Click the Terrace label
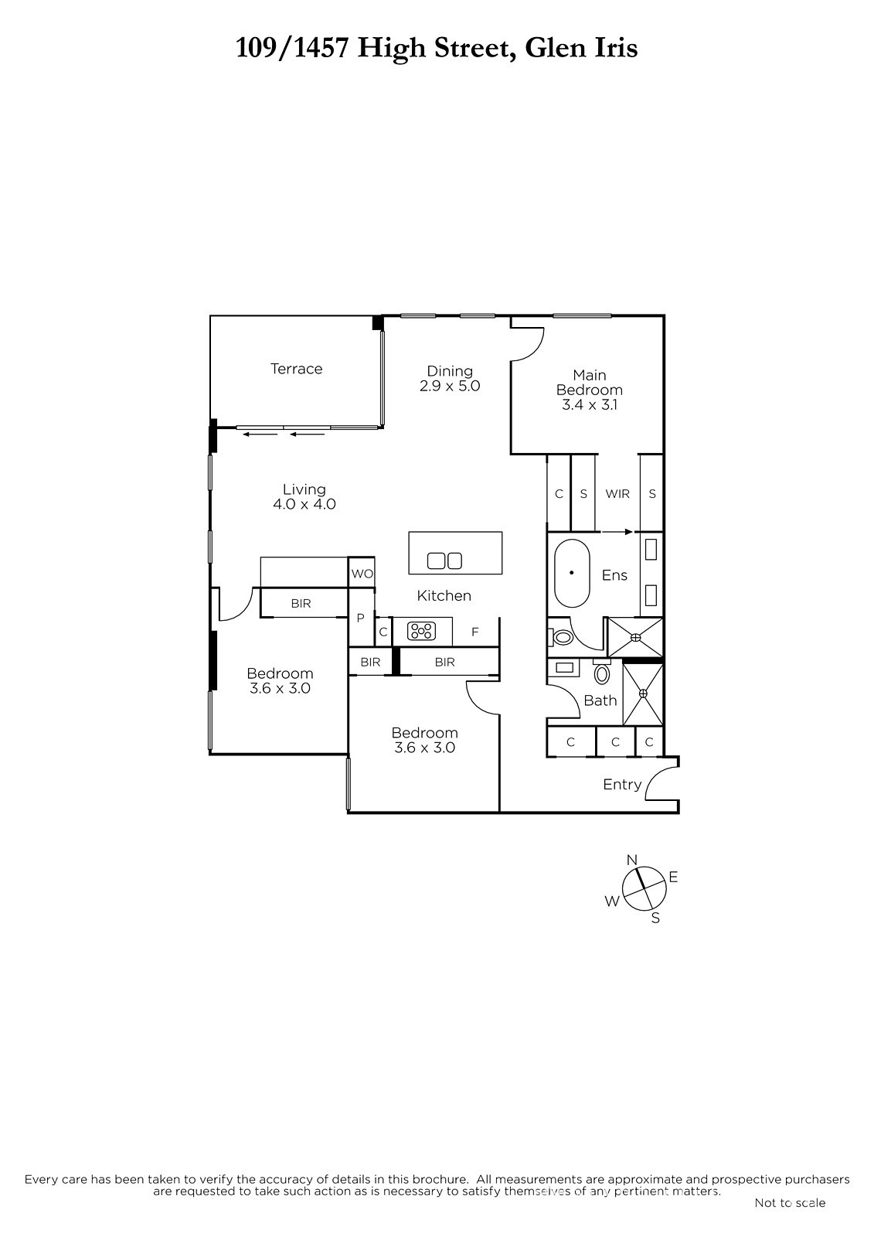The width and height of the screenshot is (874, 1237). click(x=296, y=368)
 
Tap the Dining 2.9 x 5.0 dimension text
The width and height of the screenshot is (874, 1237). click(x=450, y=386)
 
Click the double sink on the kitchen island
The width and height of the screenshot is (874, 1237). click(x=444, y=561)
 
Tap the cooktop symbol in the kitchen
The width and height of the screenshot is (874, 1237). click(x=421, y=631)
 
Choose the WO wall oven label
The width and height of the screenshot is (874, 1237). click(x=362, y=574)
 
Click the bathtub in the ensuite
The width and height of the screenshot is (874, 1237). click(x=572, y=573)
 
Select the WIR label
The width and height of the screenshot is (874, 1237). click(x=617, y=494)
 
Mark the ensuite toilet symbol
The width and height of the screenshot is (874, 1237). click(x=562, y=638)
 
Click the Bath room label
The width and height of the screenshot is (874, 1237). click(x=600, y=700)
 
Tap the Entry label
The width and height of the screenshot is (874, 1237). click(x=622, y=784)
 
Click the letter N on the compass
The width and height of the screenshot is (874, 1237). click(x=632, y=859)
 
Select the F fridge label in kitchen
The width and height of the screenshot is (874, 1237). click(x=474, y=632)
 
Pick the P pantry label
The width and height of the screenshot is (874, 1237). click(x=361, y=618)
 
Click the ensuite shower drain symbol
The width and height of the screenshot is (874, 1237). click(x=636, y=637)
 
